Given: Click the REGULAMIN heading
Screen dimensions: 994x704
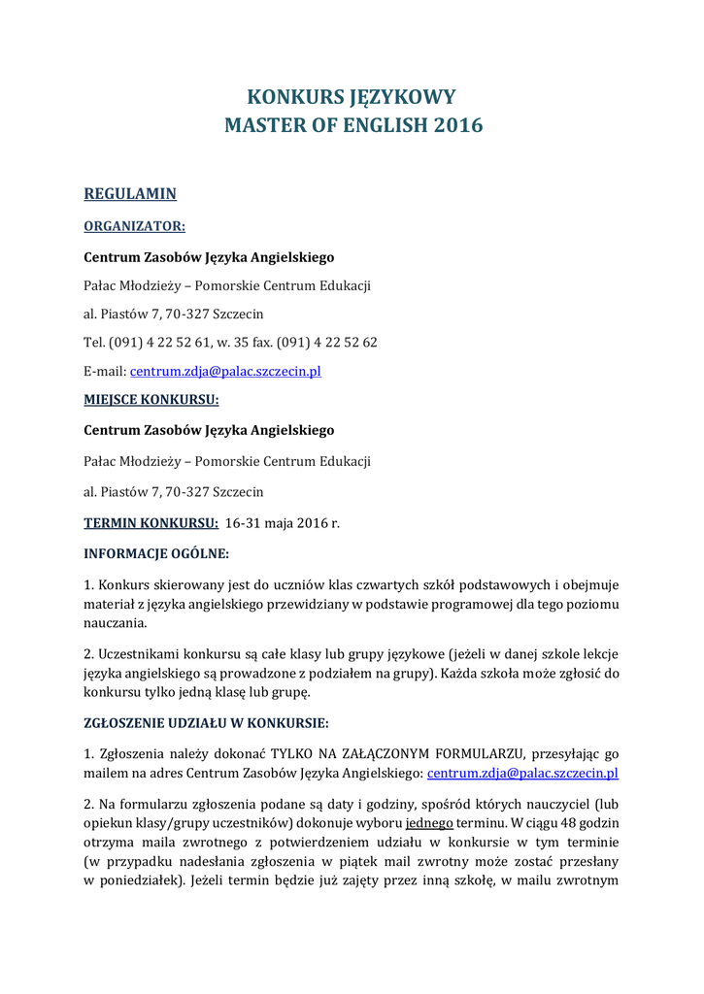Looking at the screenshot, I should (x=130, y=194).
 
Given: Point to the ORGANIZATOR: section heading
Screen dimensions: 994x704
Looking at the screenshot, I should (x=134, y=227).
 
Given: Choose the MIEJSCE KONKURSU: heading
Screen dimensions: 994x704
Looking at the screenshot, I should (x=151, y=399).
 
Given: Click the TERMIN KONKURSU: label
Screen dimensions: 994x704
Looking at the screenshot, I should (x=151, y=522).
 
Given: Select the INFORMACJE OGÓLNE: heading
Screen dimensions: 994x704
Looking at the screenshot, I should (x=156, y=554).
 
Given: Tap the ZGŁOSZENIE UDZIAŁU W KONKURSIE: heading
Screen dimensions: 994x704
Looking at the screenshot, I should (x=206, y=722).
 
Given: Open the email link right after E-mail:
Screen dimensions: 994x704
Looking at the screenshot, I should (x=225, y=371).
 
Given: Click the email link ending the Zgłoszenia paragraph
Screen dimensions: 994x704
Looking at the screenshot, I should (x=522, y=774).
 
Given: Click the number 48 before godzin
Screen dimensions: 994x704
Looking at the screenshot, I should (x=551, y=822).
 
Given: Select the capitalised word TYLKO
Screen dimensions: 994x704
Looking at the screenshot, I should (x=291, y=754).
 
